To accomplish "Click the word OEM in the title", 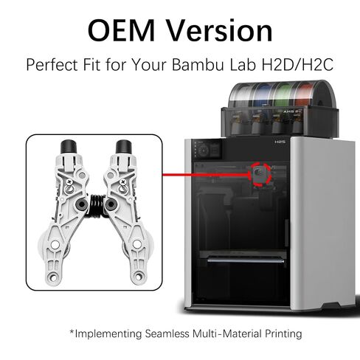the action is coord(121,30).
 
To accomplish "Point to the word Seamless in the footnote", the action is coord(167,333).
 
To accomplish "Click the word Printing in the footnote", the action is coord(283,334).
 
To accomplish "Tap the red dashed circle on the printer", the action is coord(260,174).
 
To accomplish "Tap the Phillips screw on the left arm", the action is coord(69,182).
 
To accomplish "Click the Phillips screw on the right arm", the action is coord(122,182).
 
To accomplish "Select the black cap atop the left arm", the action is coord(69,147).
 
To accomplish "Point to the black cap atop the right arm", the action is coord(124,147).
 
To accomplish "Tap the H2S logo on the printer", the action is coord(280,142).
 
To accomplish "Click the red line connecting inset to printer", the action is coord(206,175).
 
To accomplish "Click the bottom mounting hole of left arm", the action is coord(52,277).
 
